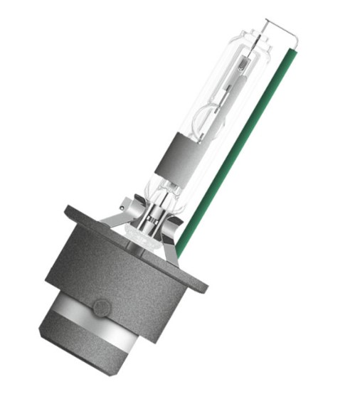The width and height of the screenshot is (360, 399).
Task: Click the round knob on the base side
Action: click(x=102, y=308)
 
